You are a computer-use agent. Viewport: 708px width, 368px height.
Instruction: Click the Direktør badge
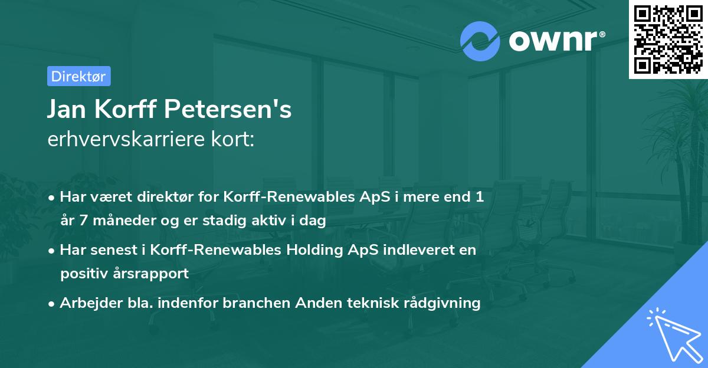(78, 76)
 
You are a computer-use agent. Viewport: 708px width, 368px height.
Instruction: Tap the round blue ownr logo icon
(480, 41)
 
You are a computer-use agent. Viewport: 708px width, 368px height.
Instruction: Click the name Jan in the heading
(68, 110)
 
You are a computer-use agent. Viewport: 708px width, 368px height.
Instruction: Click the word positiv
(82, 273)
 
